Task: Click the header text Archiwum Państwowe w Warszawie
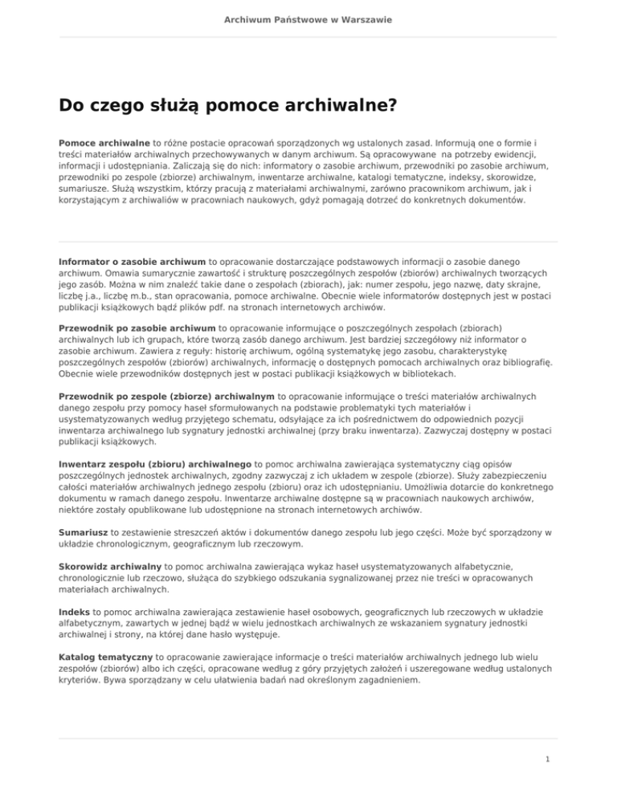(308, 19)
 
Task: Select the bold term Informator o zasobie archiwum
(133, 261)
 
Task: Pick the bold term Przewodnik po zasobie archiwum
(137, 328)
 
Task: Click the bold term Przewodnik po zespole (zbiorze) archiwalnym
(167, 396)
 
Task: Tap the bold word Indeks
(75, 611)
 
